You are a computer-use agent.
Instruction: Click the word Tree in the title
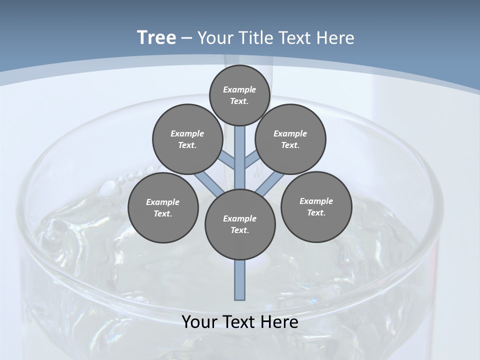pyautogui.click(x=156, y=37)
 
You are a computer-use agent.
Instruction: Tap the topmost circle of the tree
pyautogui.click(x=239, y=94)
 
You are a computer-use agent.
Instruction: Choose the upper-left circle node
pyautogui.click(x=187, y=139)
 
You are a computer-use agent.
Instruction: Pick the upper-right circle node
pyautogui.click(x=290, y=139)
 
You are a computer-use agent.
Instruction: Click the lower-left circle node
pyautogui.click(x=163, y=207)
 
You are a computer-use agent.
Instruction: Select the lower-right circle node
pyautogui.click(x=316, y=206)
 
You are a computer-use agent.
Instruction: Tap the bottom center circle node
pyautogui.click(x=240, y=224)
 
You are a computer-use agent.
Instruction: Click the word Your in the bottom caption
pyautogui.click(x=199, y=322)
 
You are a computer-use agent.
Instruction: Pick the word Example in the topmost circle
pyautogui.click(x=239, y=89)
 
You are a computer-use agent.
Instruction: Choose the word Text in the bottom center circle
pyautogui.click(x=239, y=230)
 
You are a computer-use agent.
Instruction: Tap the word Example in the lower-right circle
pyautogui.click(x=316, y=201)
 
